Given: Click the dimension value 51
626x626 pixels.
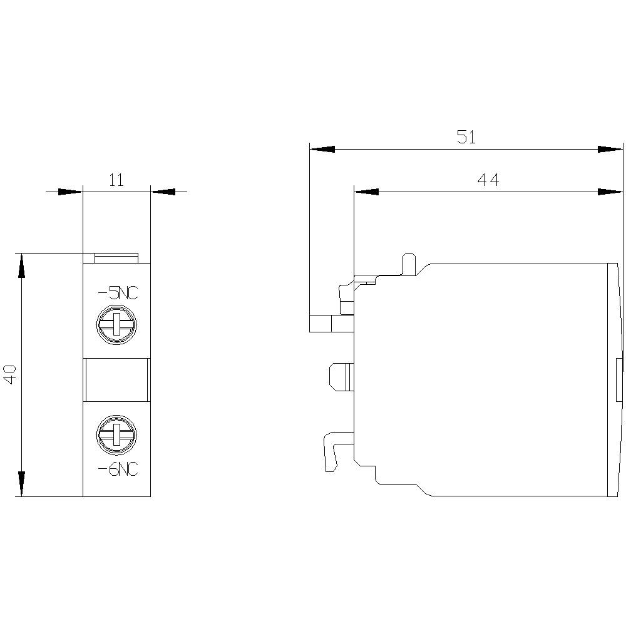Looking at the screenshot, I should [x=466, y=137].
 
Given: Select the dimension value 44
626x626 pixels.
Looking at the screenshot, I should [x=488, y=180].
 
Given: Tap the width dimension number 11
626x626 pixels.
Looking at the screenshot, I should [x=116, y=180].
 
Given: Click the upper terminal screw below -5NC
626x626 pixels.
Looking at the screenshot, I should [x=116, y=326].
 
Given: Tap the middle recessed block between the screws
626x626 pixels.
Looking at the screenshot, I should [x=116, y=379].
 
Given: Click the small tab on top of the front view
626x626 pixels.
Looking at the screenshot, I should [x=116, y=258].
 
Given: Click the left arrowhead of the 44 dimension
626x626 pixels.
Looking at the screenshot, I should [x=366, y=192].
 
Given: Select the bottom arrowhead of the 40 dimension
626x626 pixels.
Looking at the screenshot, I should [x=22, y=484].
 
